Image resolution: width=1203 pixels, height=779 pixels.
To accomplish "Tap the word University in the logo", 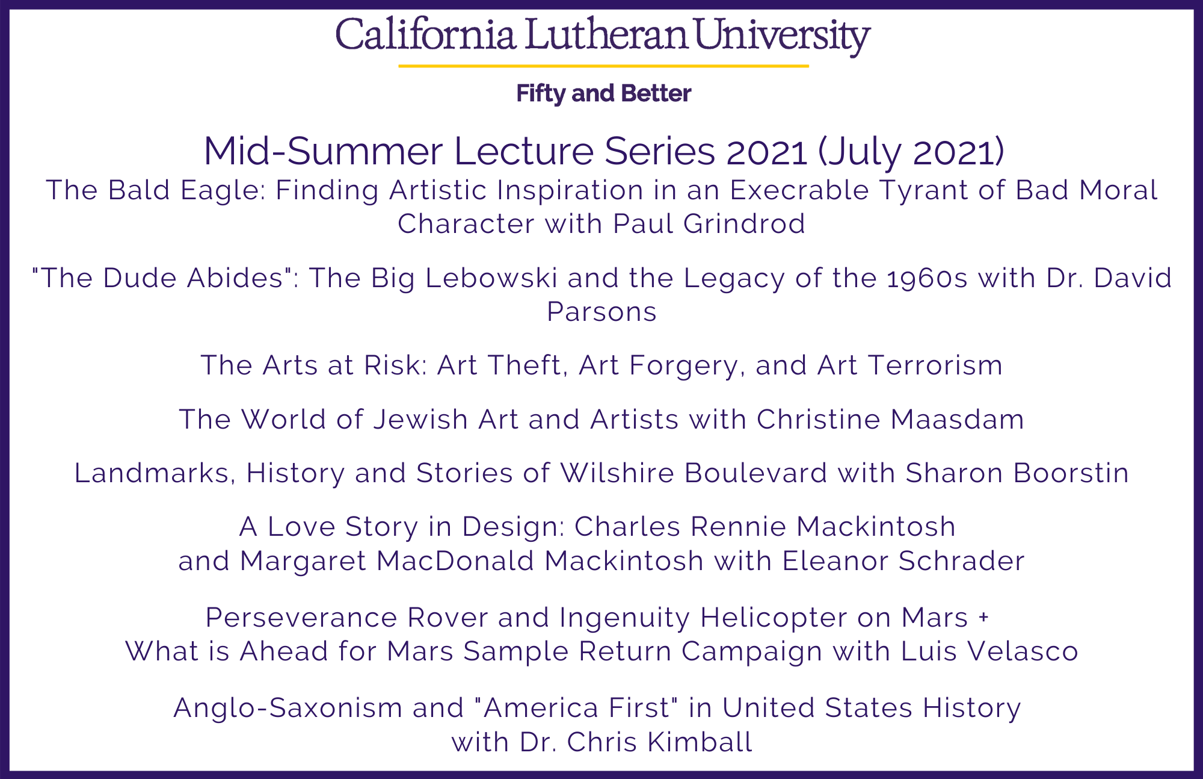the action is point(783,36).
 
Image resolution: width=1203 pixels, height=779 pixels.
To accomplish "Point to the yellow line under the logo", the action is point(603,66).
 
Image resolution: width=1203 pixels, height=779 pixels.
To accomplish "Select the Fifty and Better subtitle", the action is point(604,93).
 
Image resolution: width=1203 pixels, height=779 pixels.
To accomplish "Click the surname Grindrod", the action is point(744,224).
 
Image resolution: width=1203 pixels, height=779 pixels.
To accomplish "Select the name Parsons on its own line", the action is point(601,312).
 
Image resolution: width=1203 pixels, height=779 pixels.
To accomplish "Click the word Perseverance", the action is point(301,618).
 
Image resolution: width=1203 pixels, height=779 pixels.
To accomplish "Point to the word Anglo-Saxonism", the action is point(288,708).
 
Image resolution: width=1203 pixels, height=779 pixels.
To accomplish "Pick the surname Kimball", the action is point(700,742).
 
